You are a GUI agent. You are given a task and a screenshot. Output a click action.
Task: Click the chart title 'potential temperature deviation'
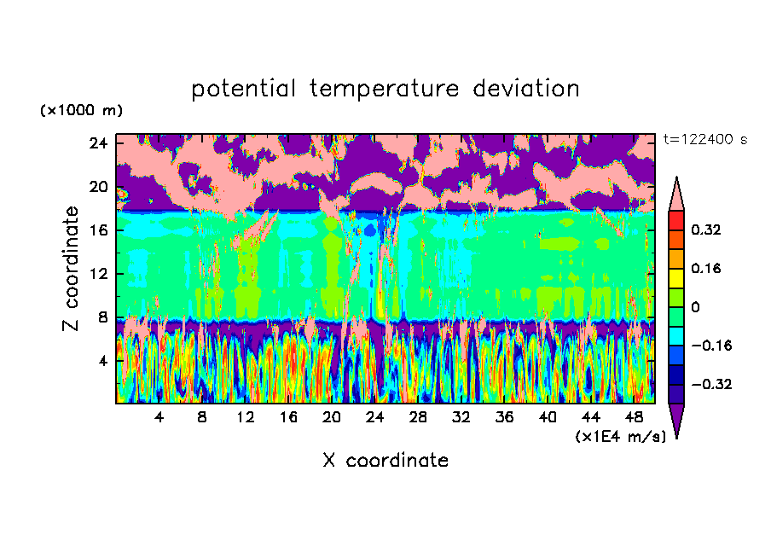pyautogui.click(x=385, y=89)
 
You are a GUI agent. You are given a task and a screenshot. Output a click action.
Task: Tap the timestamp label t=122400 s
pyautogui.click(x=704, y=139)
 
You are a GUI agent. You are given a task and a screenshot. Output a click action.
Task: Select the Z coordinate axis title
pyautogui.click(x=72, y=269)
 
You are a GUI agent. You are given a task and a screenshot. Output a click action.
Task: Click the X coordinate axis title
pyautogui.click(x=385, y=461)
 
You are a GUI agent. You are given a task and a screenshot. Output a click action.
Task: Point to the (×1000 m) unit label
pyautogui.click(x=81, y=111)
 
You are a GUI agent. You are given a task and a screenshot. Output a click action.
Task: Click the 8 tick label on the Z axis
pyautogui.click(x=101, y=317)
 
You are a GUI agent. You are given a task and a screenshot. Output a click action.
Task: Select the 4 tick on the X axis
pyautogui.click(x=159, y=418)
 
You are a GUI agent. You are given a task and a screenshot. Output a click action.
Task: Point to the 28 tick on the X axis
pyautogui.click(x=419, y=418)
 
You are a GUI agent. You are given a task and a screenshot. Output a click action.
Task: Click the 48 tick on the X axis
pyautogui.click(x=635, y=418)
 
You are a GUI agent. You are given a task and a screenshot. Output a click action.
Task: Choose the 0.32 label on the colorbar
pyautogui.click(x=707, y=230)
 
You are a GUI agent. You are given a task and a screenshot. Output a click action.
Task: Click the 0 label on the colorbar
pyautogui.click(x=695, y=307)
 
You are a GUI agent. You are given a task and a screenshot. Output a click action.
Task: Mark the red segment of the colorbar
pyautogui.click(x=676, y=219)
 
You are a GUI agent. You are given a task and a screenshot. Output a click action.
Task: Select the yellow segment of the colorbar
pyautogui.click(x=676, y=277)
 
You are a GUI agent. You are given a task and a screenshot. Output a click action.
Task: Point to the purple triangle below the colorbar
pyautogui.click(x=676, y=419)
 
